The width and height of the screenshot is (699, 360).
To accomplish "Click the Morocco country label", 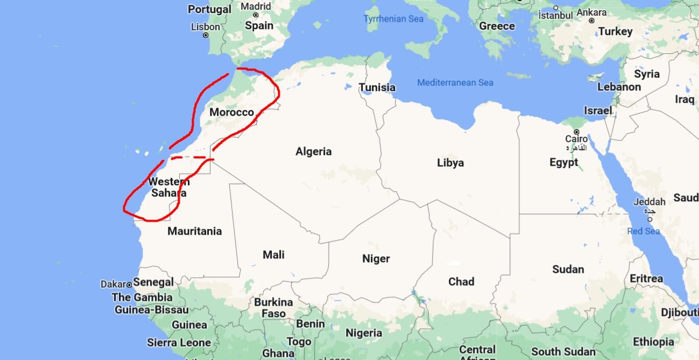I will tap(231, 112).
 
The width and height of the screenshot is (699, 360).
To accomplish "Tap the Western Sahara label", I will tap(168, 187).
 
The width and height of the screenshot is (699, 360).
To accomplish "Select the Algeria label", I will tap(313, 152).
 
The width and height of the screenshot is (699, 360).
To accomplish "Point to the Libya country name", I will tap(450, 163).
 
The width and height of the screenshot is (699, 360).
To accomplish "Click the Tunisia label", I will tap(377, 87).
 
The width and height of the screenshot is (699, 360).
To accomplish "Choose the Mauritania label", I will tap(194, 231).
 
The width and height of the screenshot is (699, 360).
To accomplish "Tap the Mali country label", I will tap(273, 255).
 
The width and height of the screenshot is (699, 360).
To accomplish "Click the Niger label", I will tap(376, 259).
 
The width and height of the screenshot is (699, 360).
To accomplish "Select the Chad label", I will tap(461, 281).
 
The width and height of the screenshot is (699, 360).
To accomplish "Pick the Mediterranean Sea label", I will tap(455, 82).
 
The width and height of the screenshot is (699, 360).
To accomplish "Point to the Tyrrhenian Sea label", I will tap(393, 19).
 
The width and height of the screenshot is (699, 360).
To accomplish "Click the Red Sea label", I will tap(644, 231).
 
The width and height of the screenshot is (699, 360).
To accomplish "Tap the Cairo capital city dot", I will tap(576, 132).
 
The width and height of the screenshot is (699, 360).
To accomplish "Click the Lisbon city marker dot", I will tap(206, 35).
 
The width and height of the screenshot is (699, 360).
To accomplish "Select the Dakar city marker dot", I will tap(129, 284).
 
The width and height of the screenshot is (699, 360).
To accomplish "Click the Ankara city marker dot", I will tap(591, 20).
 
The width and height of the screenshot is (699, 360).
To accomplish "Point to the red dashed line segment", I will tap(188, 158).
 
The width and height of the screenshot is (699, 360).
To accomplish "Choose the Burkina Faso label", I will tap(273, 308).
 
